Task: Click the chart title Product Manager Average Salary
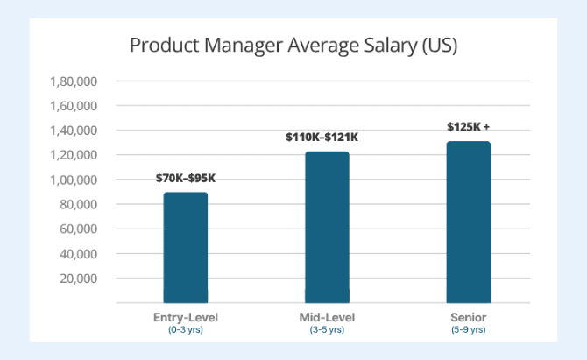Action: coord(293,46)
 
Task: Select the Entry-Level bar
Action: coord(185,247)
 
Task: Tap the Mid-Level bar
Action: coord(327,227)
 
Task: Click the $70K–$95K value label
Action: coord(185,179)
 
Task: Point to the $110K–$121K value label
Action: coord(322,138)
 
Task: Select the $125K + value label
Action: coord(468,127)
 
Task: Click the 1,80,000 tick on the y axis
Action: coord(74,81)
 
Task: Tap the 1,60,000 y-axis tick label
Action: coord(74,106)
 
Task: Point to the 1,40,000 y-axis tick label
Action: coord(74,131)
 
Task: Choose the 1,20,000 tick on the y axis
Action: coord(74,155)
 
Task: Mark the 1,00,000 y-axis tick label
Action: coord(74,180)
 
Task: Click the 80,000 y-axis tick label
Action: coord(78,205)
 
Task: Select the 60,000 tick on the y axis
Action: coord(78,229)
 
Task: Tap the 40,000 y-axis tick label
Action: coord(78,254)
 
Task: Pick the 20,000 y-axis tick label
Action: coord(78,279)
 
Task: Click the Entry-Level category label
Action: coord(185,316)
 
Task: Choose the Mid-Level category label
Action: coord(326,316)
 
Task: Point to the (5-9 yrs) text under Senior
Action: coord(468,329)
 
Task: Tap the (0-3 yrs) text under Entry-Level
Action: coord(185,329)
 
